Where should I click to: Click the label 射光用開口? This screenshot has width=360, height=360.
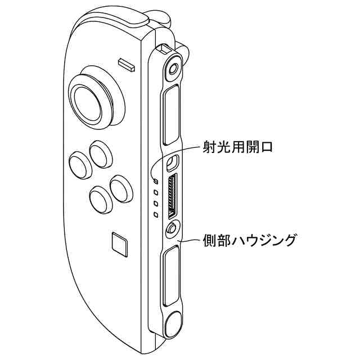(237, 148)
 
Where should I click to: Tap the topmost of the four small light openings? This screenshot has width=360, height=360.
(156, 181)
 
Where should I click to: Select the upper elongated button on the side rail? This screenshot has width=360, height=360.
(170, 114)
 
